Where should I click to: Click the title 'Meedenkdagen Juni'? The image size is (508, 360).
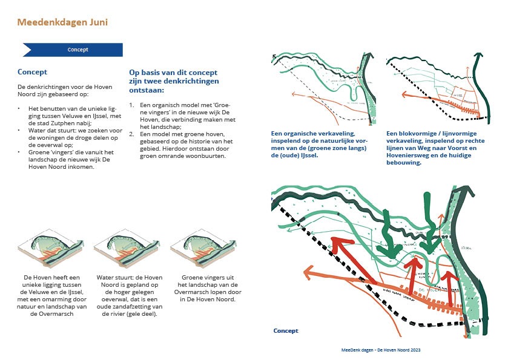click(62, 22)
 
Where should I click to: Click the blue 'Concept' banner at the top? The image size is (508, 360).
click(78, 50)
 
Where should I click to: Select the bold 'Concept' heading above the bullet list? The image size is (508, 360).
click(32, 72)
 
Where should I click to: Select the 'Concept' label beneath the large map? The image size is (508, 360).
click(286, 331)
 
